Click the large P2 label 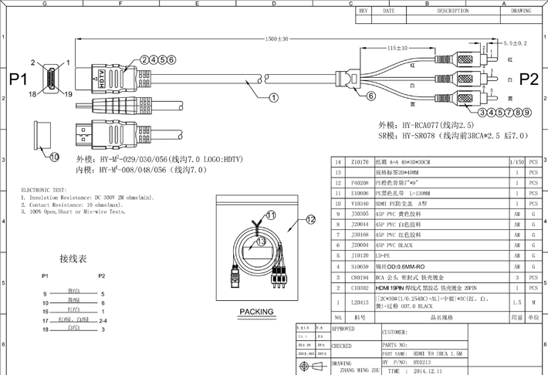point(529,79)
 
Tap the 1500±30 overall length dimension point(276,38)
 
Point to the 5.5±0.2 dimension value point(515,43)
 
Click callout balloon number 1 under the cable point(274,98)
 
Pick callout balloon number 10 point(54,157)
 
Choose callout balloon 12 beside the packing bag point(311,220)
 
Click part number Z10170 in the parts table point(360,161)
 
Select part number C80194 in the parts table point(360,275)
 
